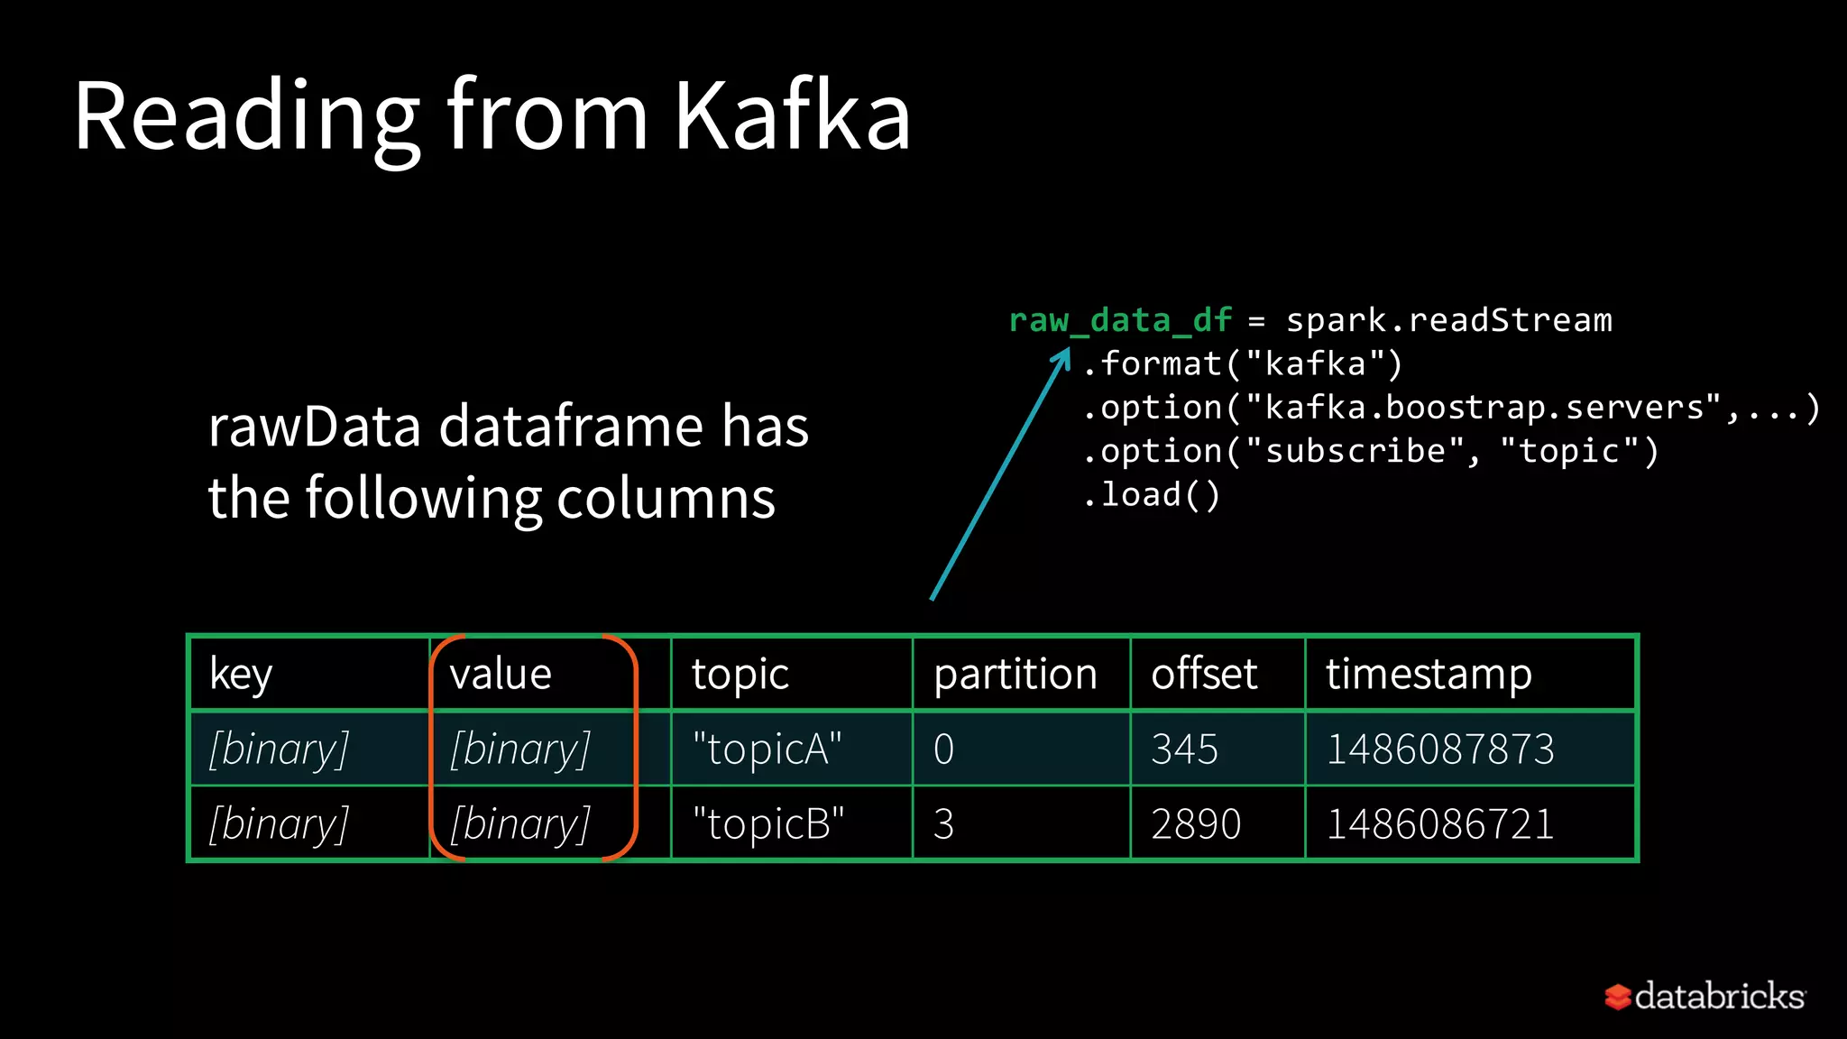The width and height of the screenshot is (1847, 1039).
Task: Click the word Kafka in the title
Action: click(792, 115)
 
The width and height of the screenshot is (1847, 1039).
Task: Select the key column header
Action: click(241, 675)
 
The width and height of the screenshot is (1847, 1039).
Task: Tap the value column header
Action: click(501, 675)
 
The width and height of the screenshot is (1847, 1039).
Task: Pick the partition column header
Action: click(1015, 675)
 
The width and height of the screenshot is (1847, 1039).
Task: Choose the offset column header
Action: click(1204, 675)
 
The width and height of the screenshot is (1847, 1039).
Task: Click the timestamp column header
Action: click(1429, 675)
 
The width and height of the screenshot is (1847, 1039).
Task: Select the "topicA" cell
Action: click(767, 749)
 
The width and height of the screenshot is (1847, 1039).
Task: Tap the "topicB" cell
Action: click(767, 824)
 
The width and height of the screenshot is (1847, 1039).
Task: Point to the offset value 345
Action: click(1184, 749)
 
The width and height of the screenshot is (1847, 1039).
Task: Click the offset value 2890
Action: click(1196, 824)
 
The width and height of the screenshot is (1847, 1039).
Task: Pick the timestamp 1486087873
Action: click(1440, 749)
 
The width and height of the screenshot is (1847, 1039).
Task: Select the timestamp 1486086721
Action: click(1440, 824)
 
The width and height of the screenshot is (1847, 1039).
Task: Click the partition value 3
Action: click(943, 824)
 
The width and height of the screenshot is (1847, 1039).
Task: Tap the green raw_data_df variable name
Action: click(1120, 321)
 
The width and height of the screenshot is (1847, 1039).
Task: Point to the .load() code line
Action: click(1152, 495)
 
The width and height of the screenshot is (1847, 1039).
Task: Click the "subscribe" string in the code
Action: click(1355, 451)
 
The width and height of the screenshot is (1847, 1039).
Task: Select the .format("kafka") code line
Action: click(1243, 364)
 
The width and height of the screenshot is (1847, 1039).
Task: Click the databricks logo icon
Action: click(1618, 997)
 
